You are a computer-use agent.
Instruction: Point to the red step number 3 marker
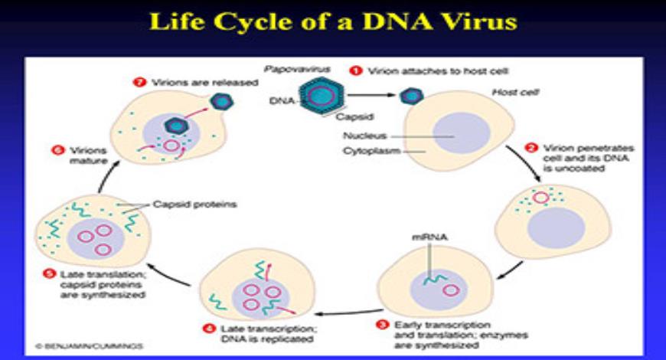click(x=383, y=325)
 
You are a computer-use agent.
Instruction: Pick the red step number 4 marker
click(x=208, y=330)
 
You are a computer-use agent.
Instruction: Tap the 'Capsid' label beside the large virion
click(x=350, y=117)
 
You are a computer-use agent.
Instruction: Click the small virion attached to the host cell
click(x=412, y=96)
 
